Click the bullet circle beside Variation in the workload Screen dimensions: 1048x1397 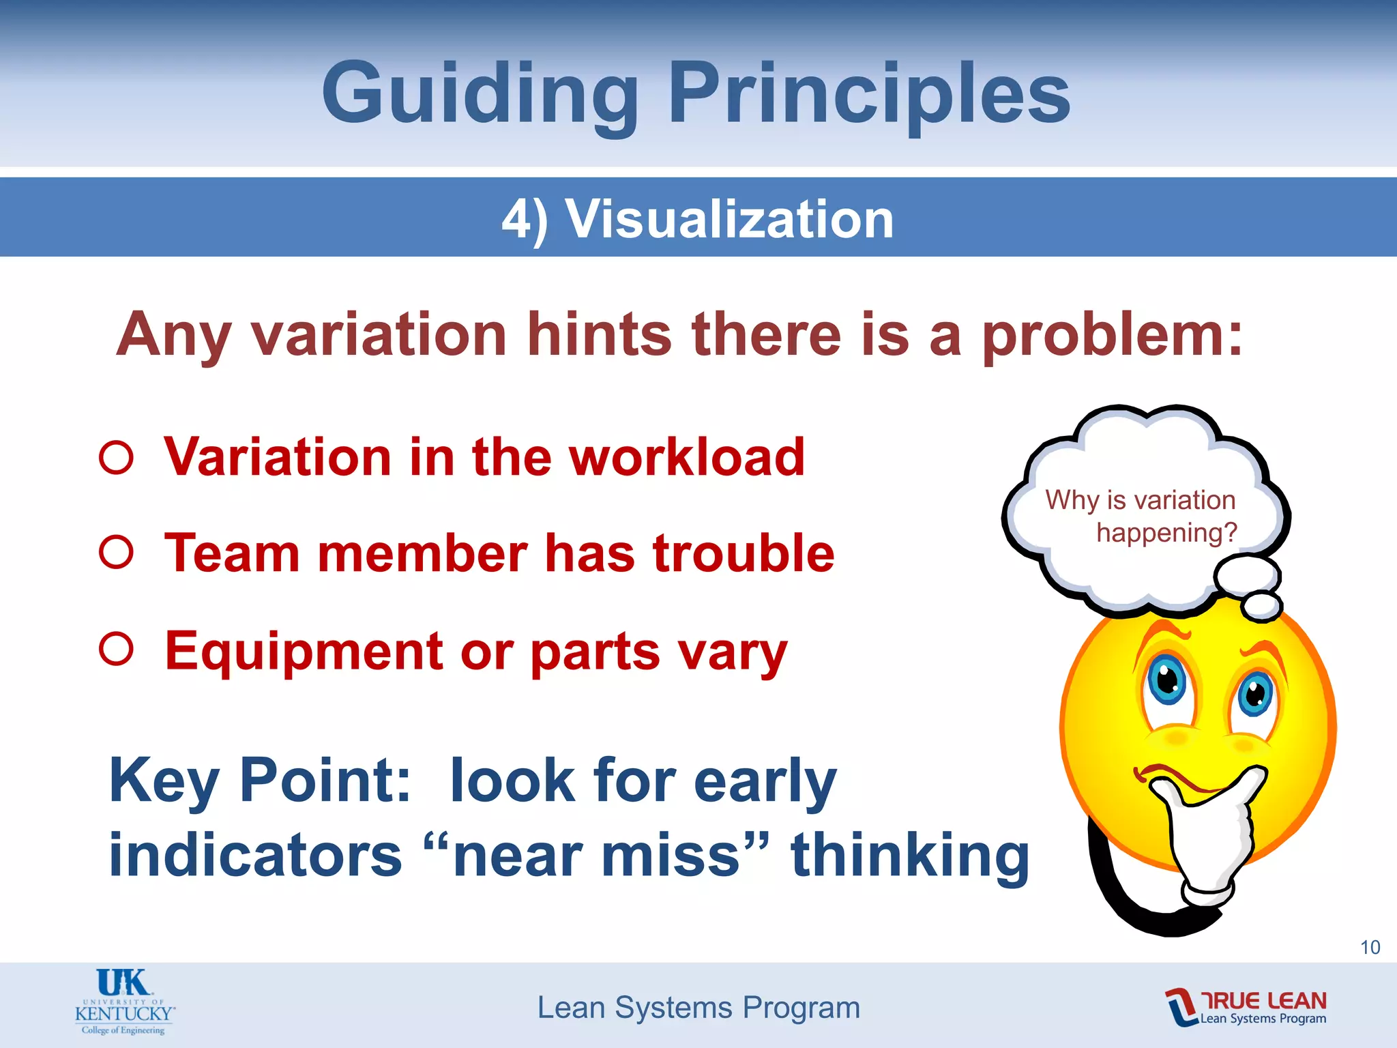click(116, 457)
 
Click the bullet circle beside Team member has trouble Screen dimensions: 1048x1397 click(116, 553)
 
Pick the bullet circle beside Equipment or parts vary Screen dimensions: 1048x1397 click(116, 649)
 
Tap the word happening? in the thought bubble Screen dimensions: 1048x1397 click(1166, 532)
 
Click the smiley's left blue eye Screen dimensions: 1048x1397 click(1167, 679)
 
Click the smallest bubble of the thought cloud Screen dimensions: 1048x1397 click(1262, 605)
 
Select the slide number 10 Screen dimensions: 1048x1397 click(1370, 947)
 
